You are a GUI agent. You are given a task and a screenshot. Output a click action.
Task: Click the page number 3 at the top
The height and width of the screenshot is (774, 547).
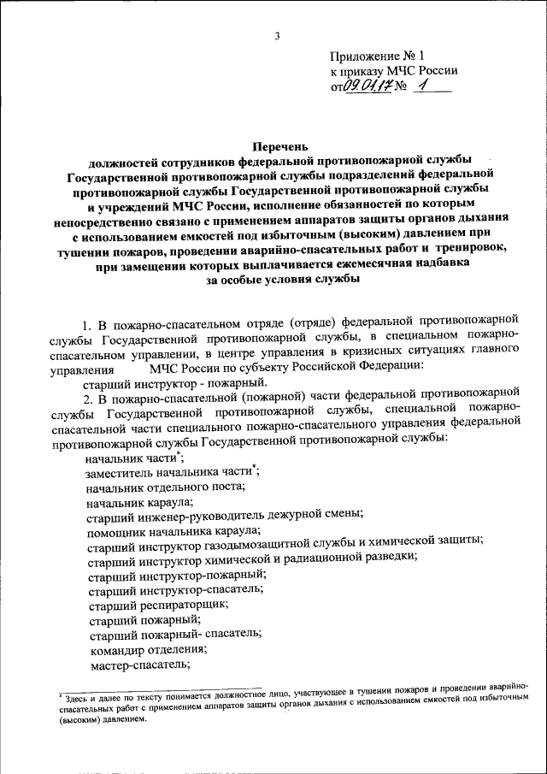pos(277,35)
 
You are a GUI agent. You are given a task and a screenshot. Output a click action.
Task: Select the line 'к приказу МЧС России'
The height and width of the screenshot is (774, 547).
pos(393,71)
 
